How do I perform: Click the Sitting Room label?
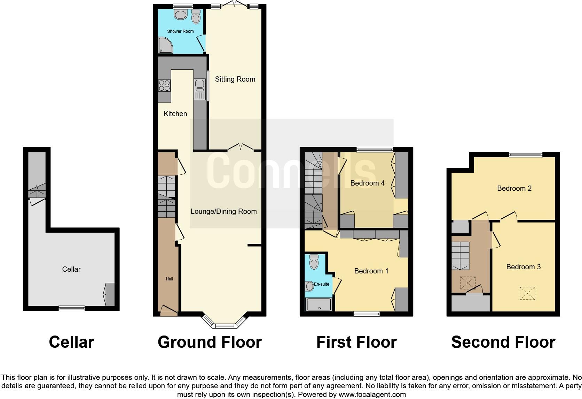[x=235, y=79]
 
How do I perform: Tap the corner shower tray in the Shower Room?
[x=165, y=46]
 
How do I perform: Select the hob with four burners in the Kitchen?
[x=164, y=85]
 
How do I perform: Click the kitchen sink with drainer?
[x=200, y=89]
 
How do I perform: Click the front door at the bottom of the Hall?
[x=169, y=311]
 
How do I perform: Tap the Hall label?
[x=169, y=279]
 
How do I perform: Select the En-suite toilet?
[x=314, y=262]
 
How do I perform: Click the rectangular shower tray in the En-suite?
[x=318, y=304]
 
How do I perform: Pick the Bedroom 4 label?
[x=367, y=183]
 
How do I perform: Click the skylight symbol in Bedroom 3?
[x=527, y=293]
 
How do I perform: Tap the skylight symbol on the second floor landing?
[x=467, y=283]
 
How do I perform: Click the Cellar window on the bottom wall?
[x=71, y=308]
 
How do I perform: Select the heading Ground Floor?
[x=210, y=342]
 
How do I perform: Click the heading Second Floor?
[x=503, y=342]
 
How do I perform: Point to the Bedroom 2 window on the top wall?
[x=526, y=155]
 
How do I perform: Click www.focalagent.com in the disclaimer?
[x=372, y=394]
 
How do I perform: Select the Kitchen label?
[x=175, y=114]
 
